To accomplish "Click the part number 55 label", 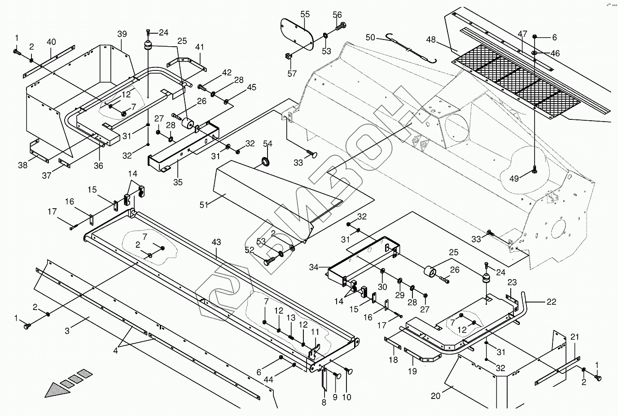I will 305,14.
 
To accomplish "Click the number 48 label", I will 431,39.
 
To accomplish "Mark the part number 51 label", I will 205,205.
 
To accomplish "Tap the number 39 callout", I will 122,34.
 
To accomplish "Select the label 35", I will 178,182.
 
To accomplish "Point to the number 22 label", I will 551,302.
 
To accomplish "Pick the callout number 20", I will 436,395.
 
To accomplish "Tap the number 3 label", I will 67,331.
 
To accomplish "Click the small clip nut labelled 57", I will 289,57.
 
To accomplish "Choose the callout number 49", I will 514,179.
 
